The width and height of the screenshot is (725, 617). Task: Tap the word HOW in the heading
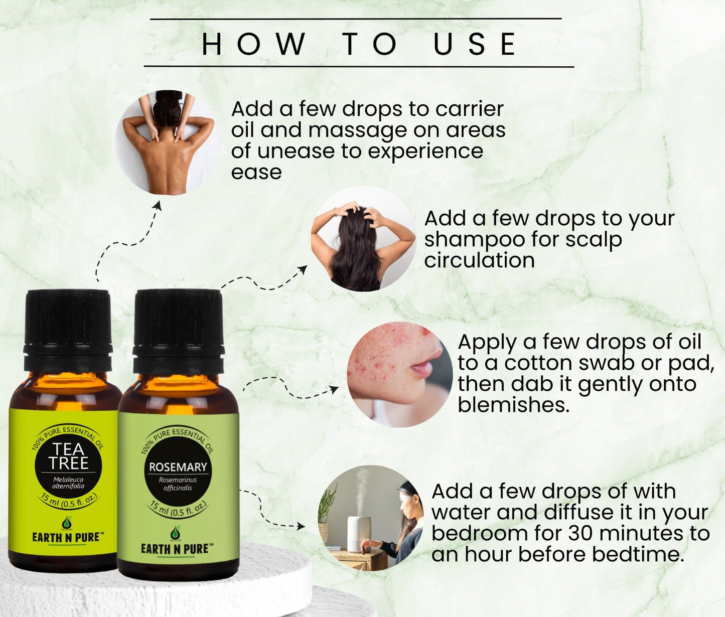coord(253,44)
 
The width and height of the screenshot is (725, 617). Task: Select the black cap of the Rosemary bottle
coord(178,331)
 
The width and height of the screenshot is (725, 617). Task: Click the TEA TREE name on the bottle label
coord(69,455)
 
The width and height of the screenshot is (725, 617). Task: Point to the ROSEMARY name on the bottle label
coord(178,467)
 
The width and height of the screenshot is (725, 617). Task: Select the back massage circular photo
coord(168,143)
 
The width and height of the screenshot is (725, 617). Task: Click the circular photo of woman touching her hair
coord(363,239)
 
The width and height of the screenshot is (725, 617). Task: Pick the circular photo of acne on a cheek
coord(400,374)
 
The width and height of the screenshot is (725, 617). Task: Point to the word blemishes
coord(513,405)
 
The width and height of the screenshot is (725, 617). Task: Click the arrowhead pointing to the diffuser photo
coord(301,526)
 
